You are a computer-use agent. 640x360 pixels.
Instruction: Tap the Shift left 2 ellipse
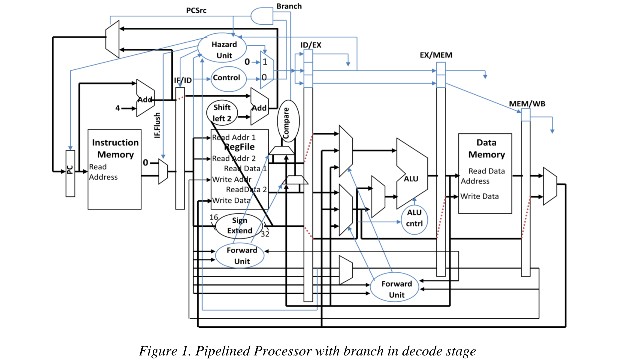(x=223, y=111)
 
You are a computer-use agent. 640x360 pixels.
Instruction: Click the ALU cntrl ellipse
(x=414, y=217)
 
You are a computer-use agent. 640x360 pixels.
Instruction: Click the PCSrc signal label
(x=198, y=10)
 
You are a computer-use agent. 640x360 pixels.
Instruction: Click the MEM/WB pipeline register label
(x=526, y=103)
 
